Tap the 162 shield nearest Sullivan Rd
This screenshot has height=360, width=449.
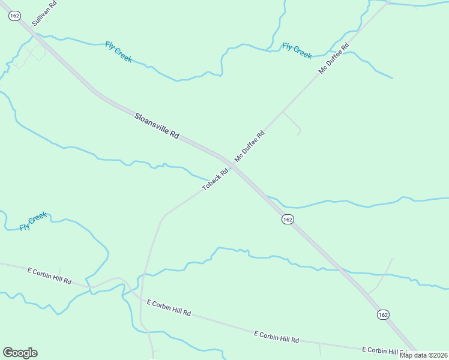coord(15,16)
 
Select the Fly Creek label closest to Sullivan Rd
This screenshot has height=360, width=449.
coord(118,52)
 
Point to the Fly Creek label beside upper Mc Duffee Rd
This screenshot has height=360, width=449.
coord(297,50)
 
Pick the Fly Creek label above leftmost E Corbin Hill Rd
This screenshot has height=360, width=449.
coord(33,221)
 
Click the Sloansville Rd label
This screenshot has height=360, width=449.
coord(156,126)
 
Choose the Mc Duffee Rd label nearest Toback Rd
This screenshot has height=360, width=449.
coord(250,146)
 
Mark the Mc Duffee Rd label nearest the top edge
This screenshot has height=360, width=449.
coord(334,59)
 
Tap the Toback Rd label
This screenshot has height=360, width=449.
coord(215,179)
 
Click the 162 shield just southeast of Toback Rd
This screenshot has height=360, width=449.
coord(288,220)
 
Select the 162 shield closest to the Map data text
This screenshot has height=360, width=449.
coord(384,314)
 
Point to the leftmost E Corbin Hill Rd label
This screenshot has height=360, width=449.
coord(49,276)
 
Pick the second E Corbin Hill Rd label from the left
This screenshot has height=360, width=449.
coord(168,308)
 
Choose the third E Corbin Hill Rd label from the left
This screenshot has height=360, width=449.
coord(276,336)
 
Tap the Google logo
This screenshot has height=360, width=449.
coord(20,353)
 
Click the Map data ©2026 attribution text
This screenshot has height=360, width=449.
coord(423,355)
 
